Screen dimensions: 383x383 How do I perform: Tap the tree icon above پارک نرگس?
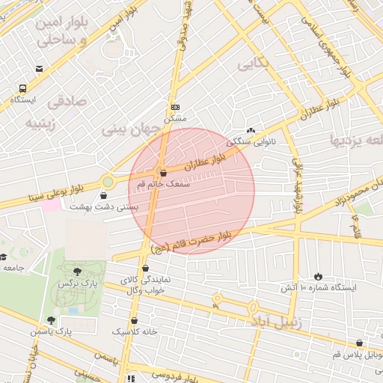click(78, 272)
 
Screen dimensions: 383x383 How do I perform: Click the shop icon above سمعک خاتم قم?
click(164, 172)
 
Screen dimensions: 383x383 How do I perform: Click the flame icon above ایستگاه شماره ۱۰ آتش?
click(318, 276)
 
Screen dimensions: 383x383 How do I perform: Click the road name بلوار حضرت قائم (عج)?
click(193, 241)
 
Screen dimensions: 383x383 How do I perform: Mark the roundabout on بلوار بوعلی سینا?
click(108, 181)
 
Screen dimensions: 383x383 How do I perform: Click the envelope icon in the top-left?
click(39, 69)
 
